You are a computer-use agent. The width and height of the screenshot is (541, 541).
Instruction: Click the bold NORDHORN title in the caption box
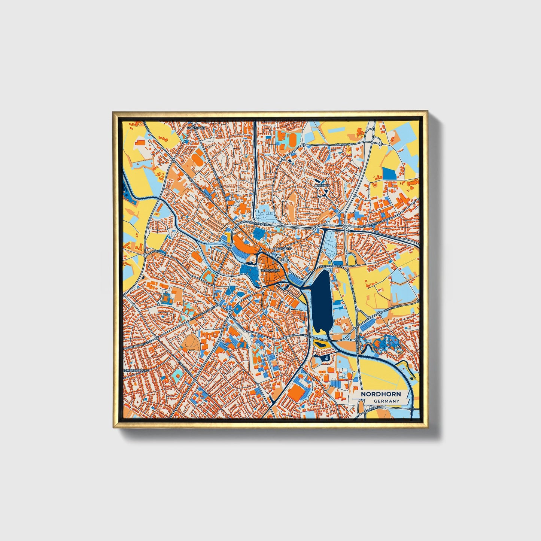[x=381, y=394]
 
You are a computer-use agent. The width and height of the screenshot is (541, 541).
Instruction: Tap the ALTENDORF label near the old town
[x=282, y=248]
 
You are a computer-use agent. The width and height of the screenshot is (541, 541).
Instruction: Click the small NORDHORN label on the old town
[x=270, y=270]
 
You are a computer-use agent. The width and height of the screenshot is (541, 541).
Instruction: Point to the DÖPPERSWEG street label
[x=345, y=144]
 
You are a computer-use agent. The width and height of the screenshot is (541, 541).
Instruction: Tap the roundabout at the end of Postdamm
[x=145, y=255]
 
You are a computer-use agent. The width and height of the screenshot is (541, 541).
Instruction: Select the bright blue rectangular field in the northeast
[x=389, y=173]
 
